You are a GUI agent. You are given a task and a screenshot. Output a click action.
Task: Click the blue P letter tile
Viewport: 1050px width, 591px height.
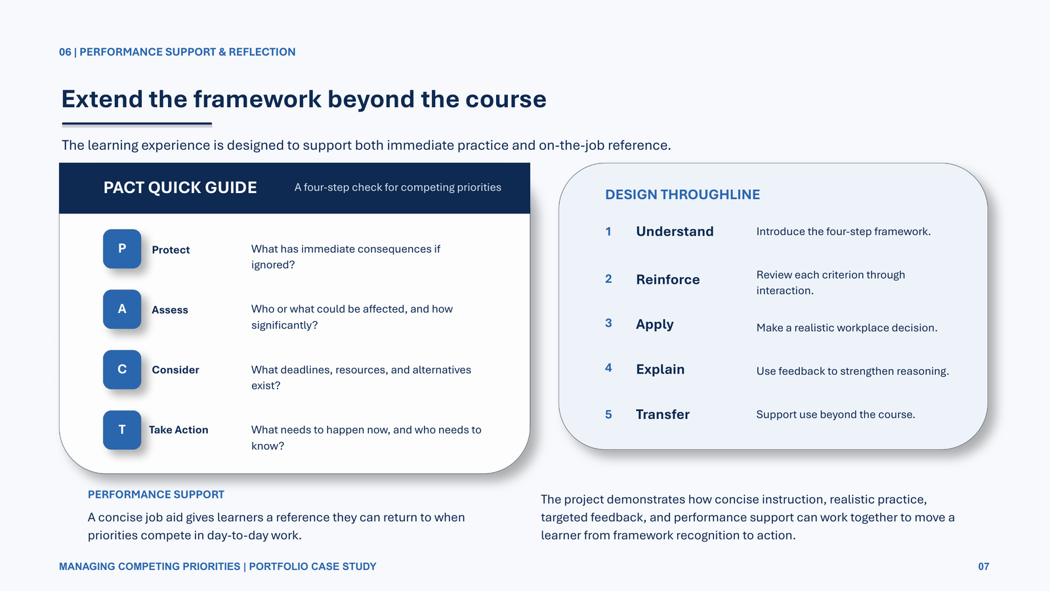coord(122,249)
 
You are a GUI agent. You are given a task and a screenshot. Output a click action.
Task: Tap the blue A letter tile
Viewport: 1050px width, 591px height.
coord(122,309)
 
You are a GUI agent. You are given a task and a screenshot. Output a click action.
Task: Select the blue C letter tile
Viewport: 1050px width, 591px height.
coord(122,370)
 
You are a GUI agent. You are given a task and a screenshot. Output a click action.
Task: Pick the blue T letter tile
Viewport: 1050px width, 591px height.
coord(122,429)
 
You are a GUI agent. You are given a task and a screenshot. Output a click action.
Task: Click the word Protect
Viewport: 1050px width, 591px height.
coord(171,250)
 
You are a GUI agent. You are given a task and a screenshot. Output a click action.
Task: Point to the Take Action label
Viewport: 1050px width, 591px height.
coord(178,429)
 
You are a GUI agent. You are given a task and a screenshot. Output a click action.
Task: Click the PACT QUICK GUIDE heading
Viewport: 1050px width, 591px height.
coord(180,188)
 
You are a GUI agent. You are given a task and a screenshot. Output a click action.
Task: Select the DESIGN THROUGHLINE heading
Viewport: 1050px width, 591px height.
coord(682,194)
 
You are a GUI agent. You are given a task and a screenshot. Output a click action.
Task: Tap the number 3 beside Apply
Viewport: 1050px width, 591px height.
coord(608,323)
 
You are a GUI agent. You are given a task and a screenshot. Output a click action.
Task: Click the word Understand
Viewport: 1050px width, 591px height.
coord(675,231)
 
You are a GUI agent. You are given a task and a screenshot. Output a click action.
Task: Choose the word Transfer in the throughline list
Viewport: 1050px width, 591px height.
coord(662,414)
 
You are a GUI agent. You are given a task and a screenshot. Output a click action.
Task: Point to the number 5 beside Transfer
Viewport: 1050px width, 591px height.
coord(608,414)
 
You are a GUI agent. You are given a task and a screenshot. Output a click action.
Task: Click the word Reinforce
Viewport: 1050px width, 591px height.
coord(667,280)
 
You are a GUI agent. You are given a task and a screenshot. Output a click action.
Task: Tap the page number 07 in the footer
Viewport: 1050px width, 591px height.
coord(984,567)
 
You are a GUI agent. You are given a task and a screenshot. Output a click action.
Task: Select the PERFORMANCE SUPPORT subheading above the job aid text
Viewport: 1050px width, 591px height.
coord(156,494)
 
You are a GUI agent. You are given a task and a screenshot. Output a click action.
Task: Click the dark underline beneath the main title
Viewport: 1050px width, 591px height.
coord(137,124)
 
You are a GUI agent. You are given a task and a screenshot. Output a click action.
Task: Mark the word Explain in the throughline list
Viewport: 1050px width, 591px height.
coord(660,370)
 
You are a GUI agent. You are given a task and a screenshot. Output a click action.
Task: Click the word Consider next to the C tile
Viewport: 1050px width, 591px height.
coord(175,370)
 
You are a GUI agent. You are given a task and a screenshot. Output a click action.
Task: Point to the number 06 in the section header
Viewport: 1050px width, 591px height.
coord(65,52)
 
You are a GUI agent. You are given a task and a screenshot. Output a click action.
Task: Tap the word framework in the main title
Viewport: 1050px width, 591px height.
coord(257,99)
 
